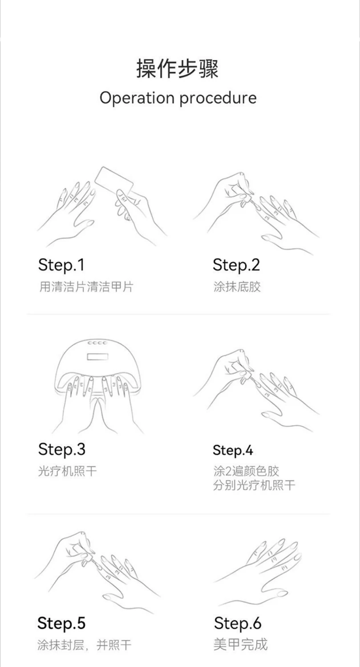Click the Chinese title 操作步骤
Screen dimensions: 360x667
point(178,69)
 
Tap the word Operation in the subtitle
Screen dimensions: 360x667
point(137,97)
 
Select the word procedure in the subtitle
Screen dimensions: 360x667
point(218,97)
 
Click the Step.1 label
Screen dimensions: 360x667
point(61,265)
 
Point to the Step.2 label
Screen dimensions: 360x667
point(236,265)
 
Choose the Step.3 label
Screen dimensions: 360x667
point(62,449)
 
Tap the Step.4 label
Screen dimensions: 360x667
point(233,450)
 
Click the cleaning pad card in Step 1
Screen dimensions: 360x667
point(114,182)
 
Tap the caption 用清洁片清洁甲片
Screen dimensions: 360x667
point(86,287)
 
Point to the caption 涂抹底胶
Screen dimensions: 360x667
point(237,287)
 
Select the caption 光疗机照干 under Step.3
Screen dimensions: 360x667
point(68,471)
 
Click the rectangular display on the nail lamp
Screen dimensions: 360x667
point(97,356)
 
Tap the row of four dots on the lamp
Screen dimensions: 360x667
point(97,343)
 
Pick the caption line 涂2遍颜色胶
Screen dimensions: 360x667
point(246,471)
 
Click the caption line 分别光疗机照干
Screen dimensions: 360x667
point(254,485)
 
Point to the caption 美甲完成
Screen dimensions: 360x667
point(241,645)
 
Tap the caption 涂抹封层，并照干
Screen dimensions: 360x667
point(84,645)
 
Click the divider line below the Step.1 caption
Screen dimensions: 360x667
point(178,314)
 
